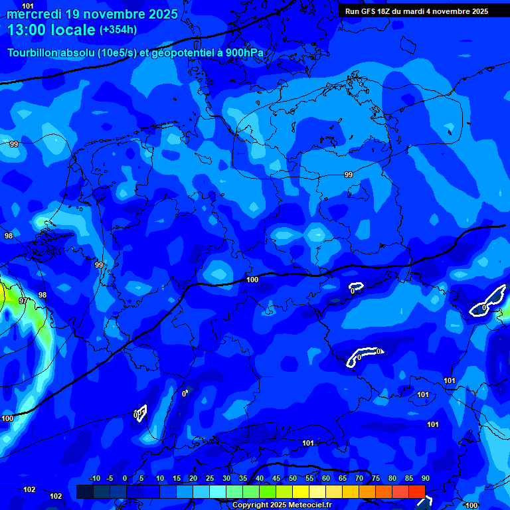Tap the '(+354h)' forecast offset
(x=118, y=30)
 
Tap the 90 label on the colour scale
(x=425, y=479)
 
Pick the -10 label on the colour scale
(x=94, y=479)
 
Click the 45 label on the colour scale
(x=276, y=479)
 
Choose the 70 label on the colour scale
(x=359, y=479)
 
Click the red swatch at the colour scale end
(x=416, y=491)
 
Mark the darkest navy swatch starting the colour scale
(x=84, y=491)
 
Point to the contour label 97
(x=23, y=301)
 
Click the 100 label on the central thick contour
(x=252, y=280)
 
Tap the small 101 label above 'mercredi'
(x=28, y=6)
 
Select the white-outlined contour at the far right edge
(x=488, y=301)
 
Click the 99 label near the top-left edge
(x=14, y=144)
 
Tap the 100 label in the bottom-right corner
(x=471, y=505)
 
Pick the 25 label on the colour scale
(x=210, y=479)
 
